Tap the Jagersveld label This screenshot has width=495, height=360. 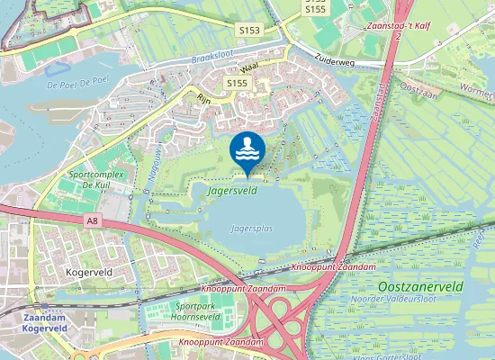click(233, 191)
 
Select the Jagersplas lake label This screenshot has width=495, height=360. click(251, 229)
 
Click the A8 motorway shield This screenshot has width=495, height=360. click(93, 220)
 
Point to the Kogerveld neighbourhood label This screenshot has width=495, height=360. click(87, 269)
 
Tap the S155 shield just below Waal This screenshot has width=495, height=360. click(237, 84)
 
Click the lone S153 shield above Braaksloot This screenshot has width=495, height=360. click(250, 31)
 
